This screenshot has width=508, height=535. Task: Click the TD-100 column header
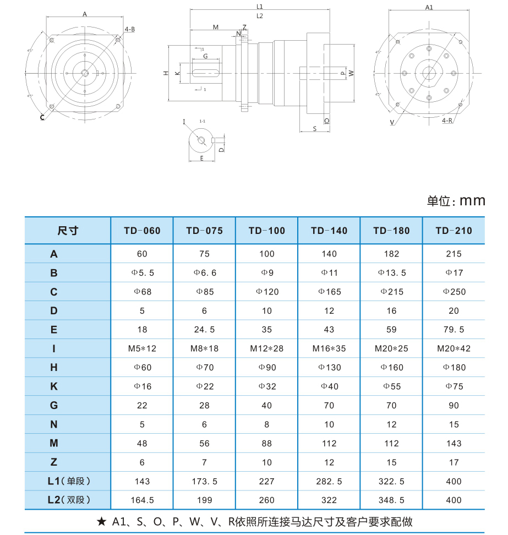tap(266, 231)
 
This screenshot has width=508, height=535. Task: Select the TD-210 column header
tap(454, 231)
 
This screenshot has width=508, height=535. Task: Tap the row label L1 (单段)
tap(68, 481)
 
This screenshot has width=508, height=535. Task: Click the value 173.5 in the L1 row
tap(204, 482)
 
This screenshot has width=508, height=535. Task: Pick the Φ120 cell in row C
tap(267, 292)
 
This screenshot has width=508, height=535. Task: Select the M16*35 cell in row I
tap(329, 348)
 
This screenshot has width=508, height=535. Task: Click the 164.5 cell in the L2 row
tap(142, 500)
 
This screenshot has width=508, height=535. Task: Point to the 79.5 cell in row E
tap(454, 330)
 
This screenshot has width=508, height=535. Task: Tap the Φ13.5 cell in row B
tap(391, 273)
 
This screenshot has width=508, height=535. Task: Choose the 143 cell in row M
tap(454, 444)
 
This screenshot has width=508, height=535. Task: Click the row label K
tap(54, 386)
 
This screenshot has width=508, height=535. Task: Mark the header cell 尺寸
tap(68, 231)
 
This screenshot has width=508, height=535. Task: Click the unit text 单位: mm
tap(456, 200)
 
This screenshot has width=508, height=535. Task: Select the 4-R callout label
tap(447, 120)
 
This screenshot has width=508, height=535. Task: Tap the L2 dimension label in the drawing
tap(260, 16)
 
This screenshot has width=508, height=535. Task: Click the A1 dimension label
tap(430, 7)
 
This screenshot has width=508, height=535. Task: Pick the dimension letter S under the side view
tap(314, 128)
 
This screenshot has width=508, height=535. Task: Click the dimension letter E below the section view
tap(202, 158)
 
